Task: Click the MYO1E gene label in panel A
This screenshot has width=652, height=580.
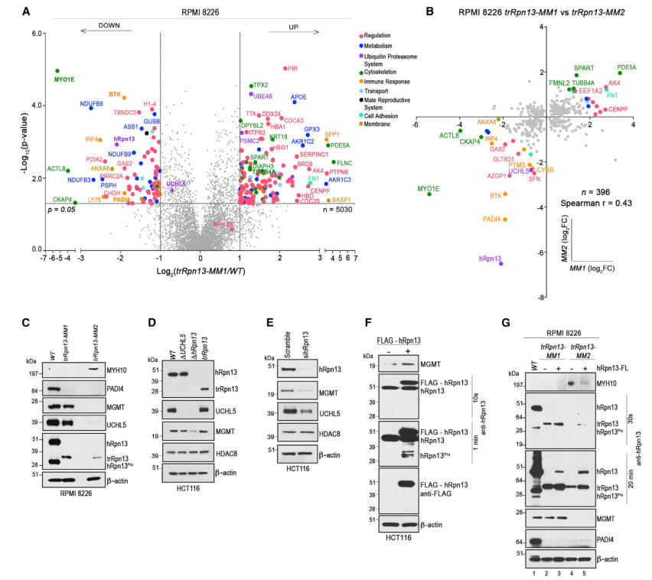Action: (64, 79)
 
